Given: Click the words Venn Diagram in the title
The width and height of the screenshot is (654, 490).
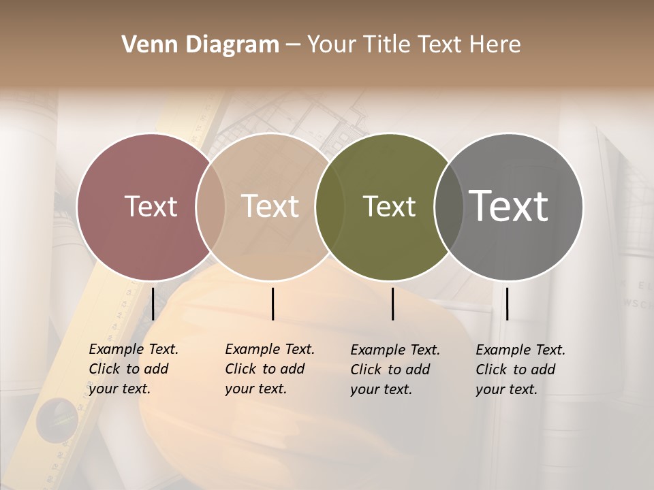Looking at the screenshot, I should click(x=200, y=45).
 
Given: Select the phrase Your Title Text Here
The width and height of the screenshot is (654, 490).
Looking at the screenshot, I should click(x=414, y=45).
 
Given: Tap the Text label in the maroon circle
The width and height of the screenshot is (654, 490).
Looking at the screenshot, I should click(x=151, y=206).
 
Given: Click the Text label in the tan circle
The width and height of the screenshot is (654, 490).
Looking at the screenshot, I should click(x=270, y=206).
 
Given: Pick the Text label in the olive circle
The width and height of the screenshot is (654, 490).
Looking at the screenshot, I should click(x=389, y=206).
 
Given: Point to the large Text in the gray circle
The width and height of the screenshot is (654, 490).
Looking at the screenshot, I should click(x=509, y=206).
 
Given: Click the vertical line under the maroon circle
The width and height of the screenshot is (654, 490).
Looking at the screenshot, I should click(x=153, y=304).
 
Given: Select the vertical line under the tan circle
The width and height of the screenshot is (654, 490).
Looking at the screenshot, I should click(x=272, y=304).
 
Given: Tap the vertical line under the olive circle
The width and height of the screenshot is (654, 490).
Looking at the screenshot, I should click(x=393, y=304).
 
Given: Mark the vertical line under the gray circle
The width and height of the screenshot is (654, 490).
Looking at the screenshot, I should click(x=507, y=304).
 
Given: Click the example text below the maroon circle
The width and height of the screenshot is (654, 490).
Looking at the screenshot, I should click(x=134, y=369).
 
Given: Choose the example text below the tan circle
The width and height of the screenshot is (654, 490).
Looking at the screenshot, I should click(x=270, y=369).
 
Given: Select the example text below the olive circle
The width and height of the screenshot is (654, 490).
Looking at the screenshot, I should click(x=395, y=370).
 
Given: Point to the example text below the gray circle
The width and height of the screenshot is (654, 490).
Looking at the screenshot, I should click(x=520, y=370).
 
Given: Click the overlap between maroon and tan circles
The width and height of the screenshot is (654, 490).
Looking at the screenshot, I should click(x=211, y=206).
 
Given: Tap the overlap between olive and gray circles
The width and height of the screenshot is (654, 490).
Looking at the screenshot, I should click(x=449, y=206).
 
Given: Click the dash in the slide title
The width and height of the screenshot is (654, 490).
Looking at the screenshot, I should click(x=293, y=46).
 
